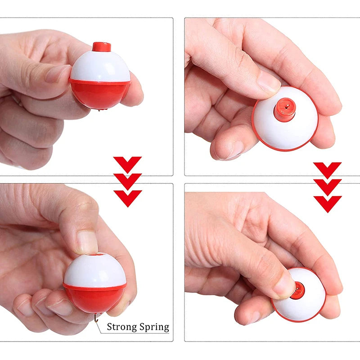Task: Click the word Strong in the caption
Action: [x=121, y=327]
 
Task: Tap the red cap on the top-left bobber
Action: [x=102, y=47]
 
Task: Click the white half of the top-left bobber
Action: [x=100, y=67]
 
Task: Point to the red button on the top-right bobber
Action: [x=284, y=109]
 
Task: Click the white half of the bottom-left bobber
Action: [x=95, y=271]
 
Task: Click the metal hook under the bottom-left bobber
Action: [x=96, y=318]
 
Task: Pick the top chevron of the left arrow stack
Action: [x=127, y=164]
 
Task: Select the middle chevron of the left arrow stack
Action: [x=127, y=181]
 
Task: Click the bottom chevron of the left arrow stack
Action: [x=128, y=198]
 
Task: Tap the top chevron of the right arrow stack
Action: [x=328, y=170]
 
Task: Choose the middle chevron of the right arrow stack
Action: [x=328, y=187]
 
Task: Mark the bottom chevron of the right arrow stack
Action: [x=328, y=204]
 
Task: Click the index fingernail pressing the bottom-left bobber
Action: [x=87, y=242]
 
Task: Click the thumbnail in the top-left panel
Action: [x=58, y=74]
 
